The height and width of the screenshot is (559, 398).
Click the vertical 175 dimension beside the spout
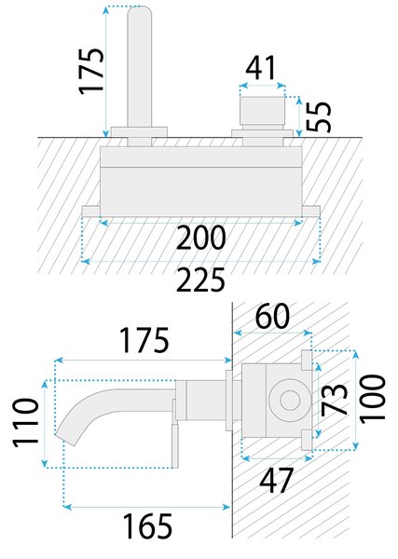click(91, 72)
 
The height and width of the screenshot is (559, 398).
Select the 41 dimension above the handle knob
click(261, 68)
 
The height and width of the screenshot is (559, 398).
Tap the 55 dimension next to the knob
click(319, 116)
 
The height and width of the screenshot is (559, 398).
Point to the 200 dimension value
click(201, 238)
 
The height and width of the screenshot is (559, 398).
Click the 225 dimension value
click(200, 279)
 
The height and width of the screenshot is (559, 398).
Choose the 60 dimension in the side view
click(272, 316)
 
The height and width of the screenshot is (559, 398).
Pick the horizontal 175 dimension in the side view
click(144, 340)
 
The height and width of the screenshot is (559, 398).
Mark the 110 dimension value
click(25, 423)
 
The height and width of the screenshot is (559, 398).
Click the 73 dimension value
click(335, 400)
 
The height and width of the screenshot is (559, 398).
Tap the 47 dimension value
click(277, 480)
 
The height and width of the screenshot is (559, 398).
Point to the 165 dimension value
click(147, 525)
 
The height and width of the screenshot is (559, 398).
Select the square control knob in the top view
click(263, 111)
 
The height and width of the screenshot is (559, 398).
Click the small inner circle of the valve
click(290, 400)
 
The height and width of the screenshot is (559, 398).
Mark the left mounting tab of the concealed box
click(90, 211)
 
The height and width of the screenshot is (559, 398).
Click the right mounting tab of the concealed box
click(311, 211)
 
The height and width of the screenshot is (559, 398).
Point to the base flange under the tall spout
click(139, 131)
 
